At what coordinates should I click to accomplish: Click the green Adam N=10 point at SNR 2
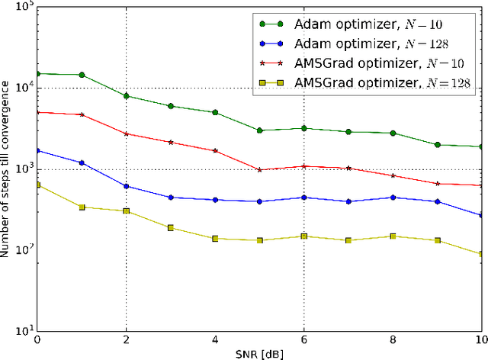[126, 96]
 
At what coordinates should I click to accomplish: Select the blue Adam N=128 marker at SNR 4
[215, 200]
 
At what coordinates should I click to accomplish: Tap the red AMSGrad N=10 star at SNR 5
[259, 169]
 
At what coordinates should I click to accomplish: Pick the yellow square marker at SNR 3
[171, 227]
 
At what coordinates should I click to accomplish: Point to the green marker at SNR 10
[481, 146]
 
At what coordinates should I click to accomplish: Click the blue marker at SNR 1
[82, 162]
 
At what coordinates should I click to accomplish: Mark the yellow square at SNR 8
[393, 236]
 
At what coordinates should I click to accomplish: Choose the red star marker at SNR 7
[348, 168]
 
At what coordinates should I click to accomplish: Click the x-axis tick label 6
[304, 340]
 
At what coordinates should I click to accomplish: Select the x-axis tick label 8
[393, 340]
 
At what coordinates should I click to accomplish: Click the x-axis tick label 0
[37, 340]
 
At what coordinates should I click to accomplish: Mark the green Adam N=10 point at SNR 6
[304, 128]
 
